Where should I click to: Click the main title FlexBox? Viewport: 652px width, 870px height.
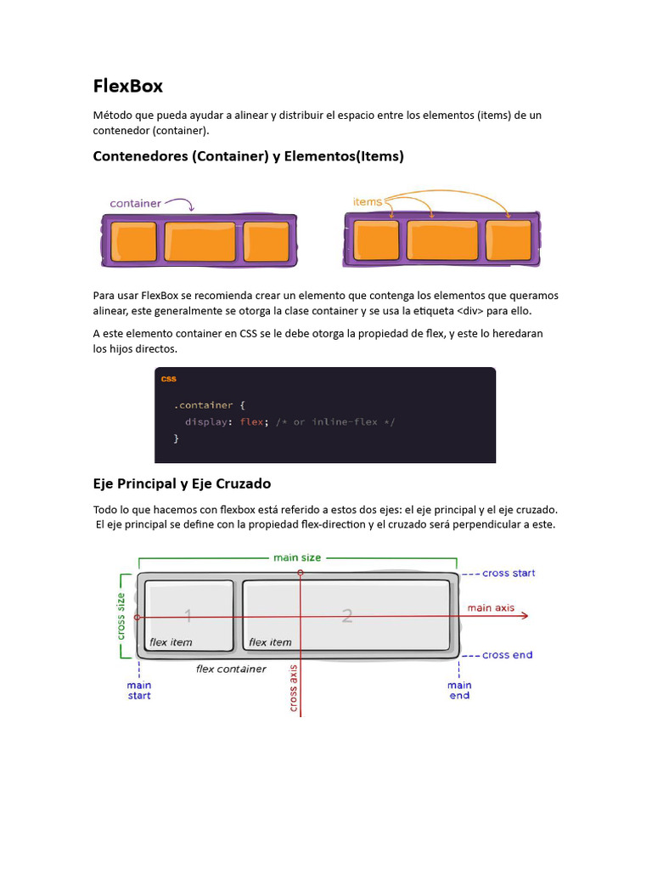coord(127,87)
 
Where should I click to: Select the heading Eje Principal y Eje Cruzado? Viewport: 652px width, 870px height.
coord(182,483)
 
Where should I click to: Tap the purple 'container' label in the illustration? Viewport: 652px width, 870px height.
coord(136,203)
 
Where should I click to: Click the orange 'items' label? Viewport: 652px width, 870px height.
coord(368,201)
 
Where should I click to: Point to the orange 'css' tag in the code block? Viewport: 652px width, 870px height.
coord(169,379)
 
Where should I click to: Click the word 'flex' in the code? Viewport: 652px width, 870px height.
coord(251,422)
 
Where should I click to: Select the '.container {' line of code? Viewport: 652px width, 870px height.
coord(210,405)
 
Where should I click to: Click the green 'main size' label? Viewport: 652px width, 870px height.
coord(297,557)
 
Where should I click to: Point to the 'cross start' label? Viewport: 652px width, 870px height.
coord(509,573)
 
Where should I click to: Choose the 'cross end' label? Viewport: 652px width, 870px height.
coord(507,655)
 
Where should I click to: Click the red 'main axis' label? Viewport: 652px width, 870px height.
coord(491,607)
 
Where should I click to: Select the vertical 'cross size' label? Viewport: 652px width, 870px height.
coord(121,616)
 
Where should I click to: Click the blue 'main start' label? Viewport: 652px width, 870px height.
coord(139,690)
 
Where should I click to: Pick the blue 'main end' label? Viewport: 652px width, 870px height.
coord(459,690)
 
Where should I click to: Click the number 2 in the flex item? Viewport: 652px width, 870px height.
coord(346,617)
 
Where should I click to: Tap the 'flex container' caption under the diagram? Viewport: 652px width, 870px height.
coord(231,669)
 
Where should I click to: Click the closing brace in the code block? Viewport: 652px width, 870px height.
coord(177,438)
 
